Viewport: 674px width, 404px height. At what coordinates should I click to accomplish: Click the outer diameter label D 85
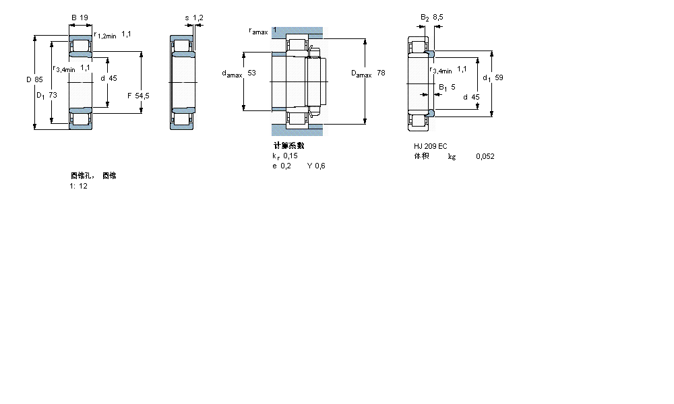click(x=34, y=79)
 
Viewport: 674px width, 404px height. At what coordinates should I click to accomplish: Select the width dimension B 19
click(x=79, y=18)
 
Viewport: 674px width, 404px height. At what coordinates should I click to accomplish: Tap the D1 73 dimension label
click(x=47, y=95)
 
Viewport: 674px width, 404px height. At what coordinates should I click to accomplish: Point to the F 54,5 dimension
click(x=138, y=96)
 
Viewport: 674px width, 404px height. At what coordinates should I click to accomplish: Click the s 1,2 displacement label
click(x=194, y=18)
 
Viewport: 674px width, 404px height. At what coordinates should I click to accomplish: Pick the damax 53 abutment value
click(x=239, y=73)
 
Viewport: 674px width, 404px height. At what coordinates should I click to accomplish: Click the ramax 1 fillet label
click(x=263, y=31)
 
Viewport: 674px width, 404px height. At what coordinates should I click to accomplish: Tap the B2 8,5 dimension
click(x=431, y=18)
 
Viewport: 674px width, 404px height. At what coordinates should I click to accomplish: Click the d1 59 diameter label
click(x=493, y=77)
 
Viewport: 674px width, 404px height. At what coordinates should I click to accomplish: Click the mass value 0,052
click(x=485, y=156)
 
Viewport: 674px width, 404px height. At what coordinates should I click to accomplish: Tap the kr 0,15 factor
click(x=284, y=156)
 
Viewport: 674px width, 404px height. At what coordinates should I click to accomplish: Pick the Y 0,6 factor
click(x=316, y=166)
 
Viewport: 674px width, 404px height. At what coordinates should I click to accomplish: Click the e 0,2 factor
click(x=281, y=166)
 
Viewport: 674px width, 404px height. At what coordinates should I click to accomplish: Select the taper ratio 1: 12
click(x=78, y=186)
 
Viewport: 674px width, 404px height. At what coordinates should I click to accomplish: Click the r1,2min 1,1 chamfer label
click(x=113, y=34)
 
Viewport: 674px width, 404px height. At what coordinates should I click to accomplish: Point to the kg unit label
click(x=452, y=156)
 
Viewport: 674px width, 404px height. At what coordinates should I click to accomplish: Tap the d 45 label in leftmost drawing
click(x=109, y=78)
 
